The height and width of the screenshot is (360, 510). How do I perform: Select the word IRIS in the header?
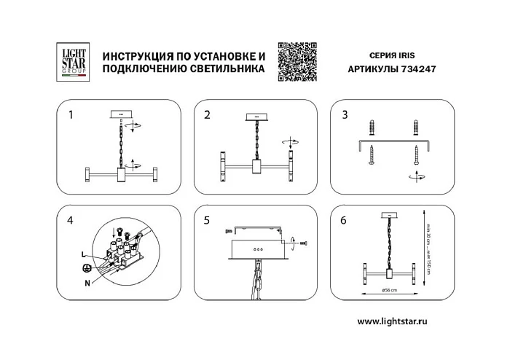point(407,55)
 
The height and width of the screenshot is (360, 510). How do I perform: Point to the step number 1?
point(70,114)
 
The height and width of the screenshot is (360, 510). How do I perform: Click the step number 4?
point(70,220)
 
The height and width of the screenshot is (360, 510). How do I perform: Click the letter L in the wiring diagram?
point(85,252)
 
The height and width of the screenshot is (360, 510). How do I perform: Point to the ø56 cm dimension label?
point(389,290)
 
